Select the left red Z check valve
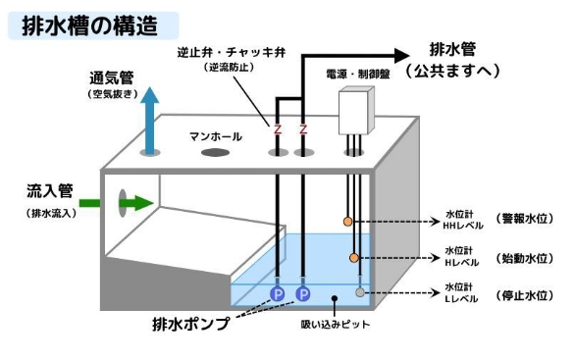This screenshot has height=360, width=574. tap(278, 129)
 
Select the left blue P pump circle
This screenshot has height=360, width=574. tap(278, 293)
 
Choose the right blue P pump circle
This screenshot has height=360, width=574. tap(303, 293)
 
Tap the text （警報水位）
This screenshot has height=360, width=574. tap(524, 218)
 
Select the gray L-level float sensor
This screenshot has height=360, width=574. tap(360, 292)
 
